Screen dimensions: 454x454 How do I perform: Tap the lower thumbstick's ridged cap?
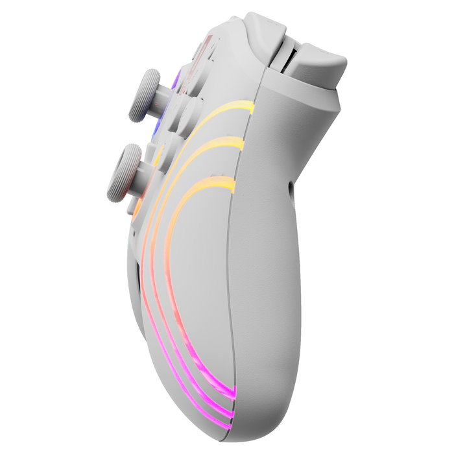(123, 173)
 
